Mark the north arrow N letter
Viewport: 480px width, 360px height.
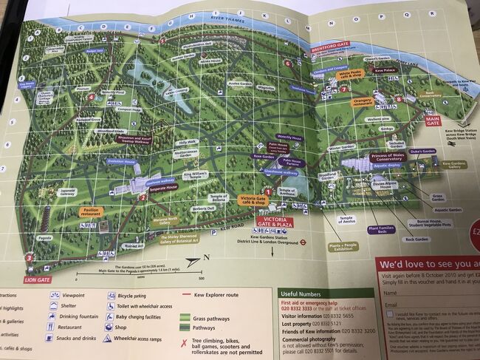pyautogui.click(x=206, y=257)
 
